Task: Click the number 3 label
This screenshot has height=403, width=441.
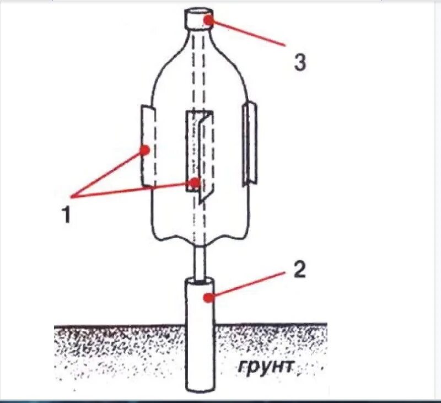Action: (x=299, y=62)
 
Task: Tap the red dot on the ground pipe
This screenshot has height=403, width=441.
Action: (x=207, y=298)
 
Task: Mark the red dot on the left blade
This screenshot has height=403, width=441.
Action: (x=144, y=149)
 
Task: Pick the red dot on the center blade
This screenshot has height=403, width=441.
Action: (x=195, y=182)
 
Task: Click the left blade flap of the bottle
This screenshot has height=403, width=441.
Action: (x=148, y=144)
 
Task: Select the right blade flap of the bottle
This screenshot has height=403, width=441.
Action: (x=249, y=143)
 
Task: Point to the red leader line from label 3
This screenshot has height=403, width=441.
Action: (x=248, y=33)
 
